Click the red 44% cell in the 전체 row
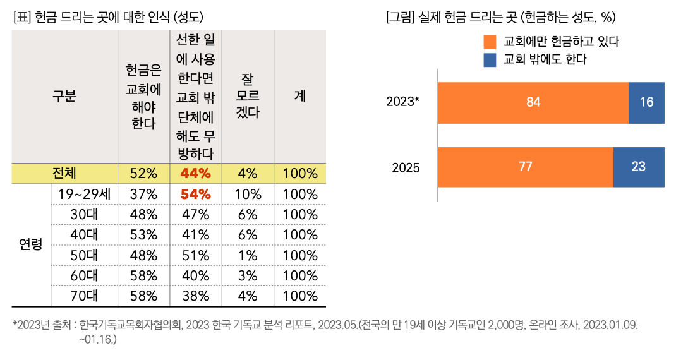196,174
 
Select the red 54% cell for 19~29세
196,195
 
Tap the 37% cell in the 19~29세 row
143,195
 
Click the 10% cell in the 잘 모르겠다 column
248,195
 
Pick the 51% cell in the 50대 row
196,256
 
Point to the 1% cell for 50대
248,256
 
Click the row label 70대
84,295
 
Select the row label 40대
84,235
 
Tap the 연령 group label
31,244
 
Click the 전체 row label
64,174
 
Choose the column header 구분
64,97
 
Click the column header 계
300,97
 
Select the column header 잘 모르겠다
248,97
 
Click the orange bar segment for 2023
533,102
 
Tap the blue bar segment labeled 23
639,167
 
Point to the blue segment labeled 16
646,102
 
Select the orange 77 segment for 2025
525,167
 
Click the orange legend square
490,42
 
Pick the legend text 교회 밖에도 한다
546,60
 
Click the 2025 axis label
406,168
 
